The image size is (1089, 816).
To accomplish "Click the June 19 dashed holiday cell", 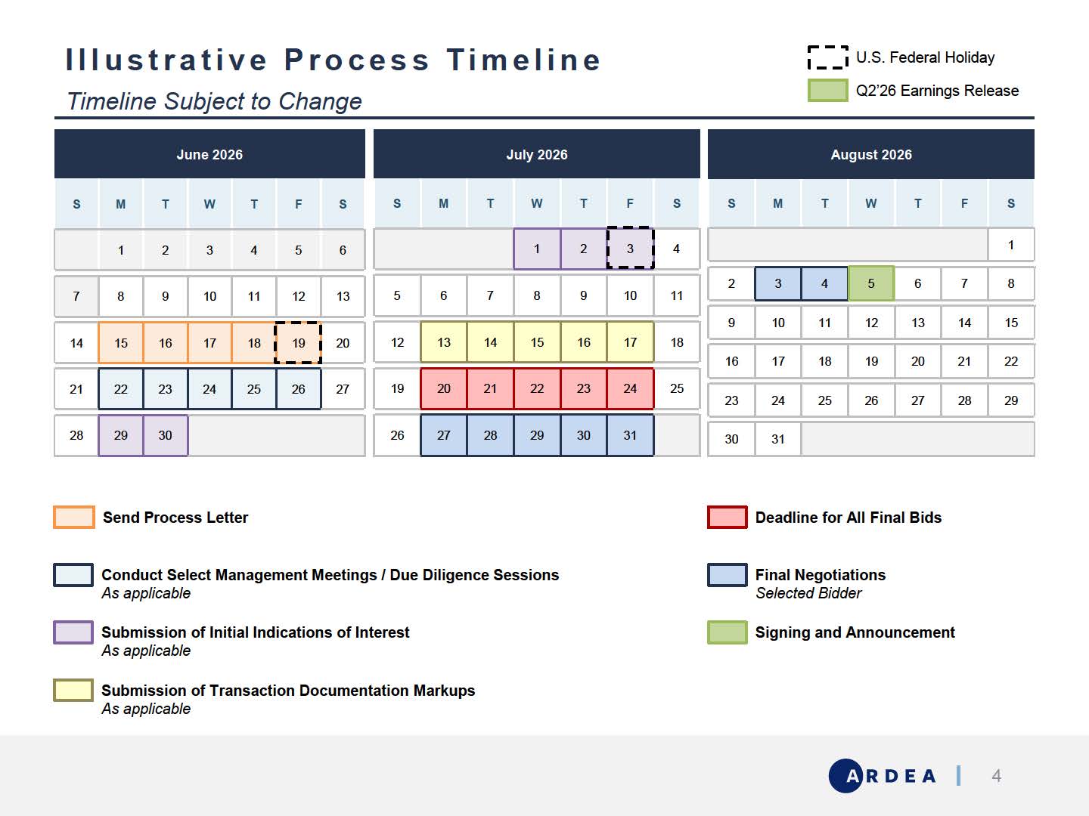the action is (298, 342).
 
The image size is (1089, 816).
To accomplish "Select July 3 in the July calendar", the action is (630, 249).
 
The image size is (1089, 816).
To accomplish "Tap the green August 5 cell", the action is (871, 283).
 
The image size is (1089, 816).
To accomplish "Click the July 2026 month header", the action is (537, 154).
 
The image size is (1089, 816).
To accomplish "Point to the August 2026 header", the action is (871, 154).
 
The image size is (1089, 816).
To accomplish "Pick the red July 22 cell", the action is (537, 388).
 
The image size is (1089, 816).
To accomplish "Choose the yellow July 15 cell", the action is (537, 342).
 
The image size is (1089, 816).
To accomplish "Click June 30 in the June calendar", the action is (165, 435).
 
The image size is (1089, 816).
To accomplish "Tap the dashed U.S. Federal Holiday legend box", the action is (827, 57).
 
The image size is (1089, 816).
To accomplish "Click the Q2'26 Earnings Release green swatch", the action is (827, 91).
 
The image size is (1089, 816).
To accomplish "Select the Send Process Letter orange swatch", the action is (74, 518).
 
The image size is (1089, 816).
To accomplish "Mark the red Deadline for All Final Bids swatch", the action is (728, 518).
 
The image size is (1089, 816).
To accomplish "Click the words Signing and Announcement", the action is (855, 632).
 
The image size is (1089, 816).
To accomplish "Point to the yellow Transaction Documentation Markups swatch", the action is (73, 690).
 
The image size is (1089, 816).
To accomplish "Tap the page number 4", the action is (996, 775).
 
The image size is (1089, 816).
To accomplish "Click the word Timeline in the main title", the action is (523, 60).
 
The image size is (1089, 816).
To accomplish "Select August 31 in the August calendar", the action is (778, 439).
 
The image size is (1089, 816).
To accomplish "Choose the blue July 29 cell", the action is (537, 435).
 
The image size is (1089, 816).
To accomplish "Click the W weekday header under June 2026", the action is (209, 204).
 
